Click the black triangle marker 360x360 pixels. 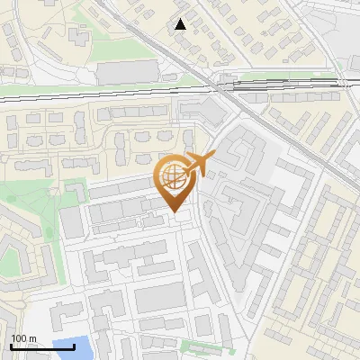pyautogui.click(x=181, y=24)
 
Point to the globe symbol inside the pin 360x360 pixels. pyautogui.click(x=171, y=175)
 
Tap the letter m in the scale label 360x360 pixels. pyautogui.click(x=32, y=338)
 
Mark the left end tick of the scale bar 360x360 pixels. pyautogui.click(x=12, y=345)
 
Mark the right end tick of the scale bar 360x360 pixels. pyautogui.click(x=74, y=345)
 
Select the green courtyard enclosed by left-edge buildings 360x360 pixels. pyautogui.click(x=10, y=262)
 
